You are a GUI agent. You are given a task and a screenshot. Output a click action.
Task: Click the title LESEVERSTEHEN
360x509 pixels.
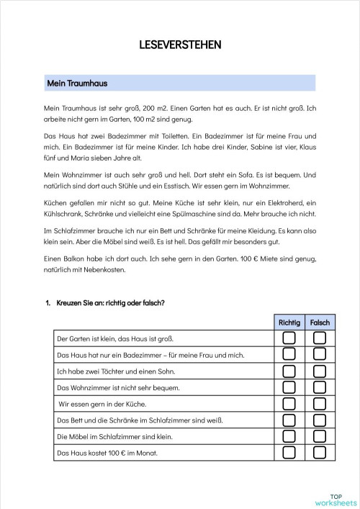tap(180, 45)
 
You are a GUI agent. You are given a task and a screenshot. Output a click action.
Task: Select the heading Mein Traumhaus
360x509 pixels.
tap(76, 84)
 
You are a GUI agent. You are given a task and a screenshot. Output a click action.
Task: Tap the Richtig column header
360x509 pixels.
tap(289, 323)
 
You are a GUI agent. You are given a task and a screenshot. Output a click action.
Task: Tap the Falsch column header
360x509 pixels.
tap(320, 323)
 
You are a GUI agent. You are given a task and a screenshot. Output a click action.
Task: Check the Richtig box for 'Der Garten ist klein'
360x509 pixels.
tap(289, 338)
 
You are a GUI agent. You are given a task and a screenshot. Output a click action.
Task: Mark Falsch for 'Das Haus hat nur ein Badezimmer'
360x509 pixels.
tap(320, 354)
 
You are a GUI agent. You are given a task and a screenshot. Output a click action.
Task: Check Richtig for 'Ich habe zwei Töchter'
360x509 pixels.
tap(289, 371)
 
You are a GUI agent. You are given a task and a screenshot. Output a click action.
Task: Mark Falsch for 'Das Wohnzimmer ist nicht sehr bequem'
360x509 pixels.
tap(320, 387)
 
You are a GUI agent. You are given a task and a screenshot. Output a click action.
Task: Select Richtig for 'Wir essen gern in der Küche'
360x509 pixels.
tap(289, 404)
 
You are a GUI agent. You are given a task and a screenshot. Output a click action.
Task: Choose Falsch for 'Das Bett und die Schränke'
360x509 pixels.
tap(320, 420)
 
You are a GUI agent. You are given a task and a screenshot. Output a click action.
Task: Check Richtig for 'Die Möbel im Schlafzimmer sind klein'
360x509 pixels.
tap(289, 437)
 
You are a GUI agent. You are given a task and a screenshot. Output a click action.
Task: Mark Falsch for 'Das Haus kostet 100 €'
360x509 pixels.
tap(320, 454)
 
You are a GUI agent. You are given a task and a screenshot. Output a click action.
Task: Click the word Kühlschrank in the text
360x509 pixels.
tap(64, 214)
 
